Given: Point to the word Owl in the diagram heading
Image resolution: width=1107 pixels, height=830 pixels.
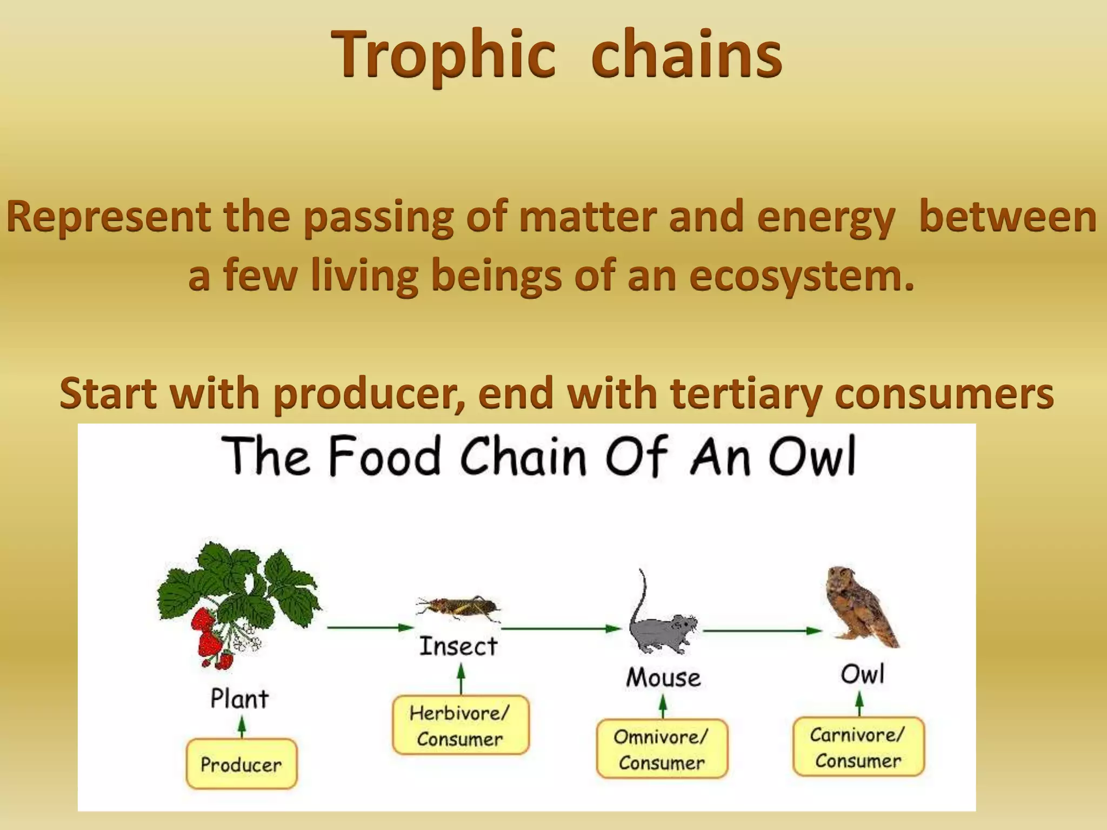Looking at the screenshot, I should [812, 457].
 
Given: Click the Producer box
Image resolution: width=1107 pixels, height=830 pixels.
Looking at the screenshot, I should [241, 764].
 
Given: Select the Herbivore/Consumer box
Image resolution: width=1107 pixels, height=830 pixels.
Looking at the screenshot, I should [460, 726].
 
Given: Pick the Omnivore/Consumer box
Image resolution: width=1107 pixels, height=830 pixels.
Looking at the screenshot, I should [662, 749].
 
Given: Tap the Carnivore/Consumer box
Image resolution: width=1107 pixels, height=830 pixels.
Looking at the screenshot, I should [858, 747].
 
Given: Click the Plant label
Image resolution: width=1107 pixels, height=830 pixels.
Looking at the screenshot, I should [239, 698].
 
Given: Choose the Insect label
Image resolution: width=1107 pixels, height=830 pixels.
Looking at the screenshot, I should [458, 646].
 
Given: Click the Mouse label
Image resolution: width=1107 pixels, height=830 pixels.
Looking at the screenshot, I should [663, 677].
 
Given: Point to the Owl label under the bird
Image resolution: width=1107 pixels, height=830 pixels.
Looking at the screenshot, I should [862, 674].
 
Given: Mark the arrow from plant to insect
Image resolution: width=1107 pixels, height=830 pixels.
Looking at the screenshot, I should [370, 627].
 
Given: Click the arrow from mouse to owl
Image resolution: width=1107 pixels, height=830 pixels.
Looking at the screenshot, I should [762, 630].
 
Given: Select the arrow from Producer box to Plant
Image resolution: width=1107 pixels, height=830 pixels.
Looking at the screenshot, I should [242, 726].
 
